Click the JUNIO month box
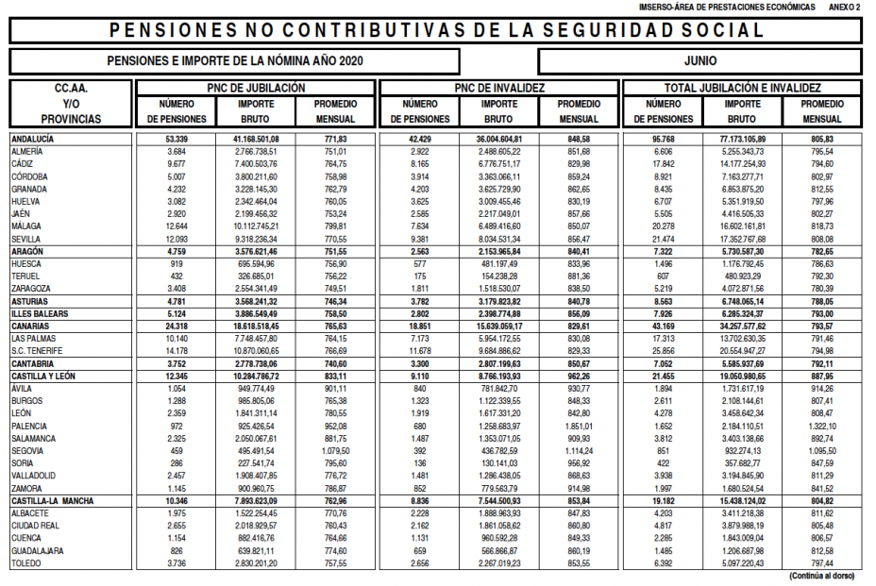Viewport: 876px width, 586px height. tap(699, 61)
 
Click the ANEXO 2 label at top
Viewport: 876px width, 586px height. tap(845, 7)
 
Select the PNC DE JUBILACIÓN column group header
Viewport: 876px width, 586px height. tap(256, 88)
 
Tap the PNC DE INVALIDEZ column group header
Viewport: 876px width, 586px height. tap(499, 88)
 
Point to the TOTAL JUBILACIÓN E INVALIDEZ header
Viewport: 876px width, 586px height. tap(743, 88)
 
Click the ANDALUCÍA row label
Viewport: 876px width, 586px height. tap(33, 139)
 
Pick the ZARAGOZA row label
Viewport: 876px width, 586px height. tap(32, 288)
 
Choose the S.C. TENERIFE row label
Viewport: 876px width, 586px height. tap(38, 350)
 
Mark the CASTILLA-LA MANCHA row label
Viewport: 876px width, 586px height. tap(53, 500)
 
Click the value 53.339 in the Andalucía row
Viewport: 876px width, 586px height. tap(177, 139)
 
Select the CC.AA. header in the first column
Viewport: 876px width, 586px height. tap(71, 88)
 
